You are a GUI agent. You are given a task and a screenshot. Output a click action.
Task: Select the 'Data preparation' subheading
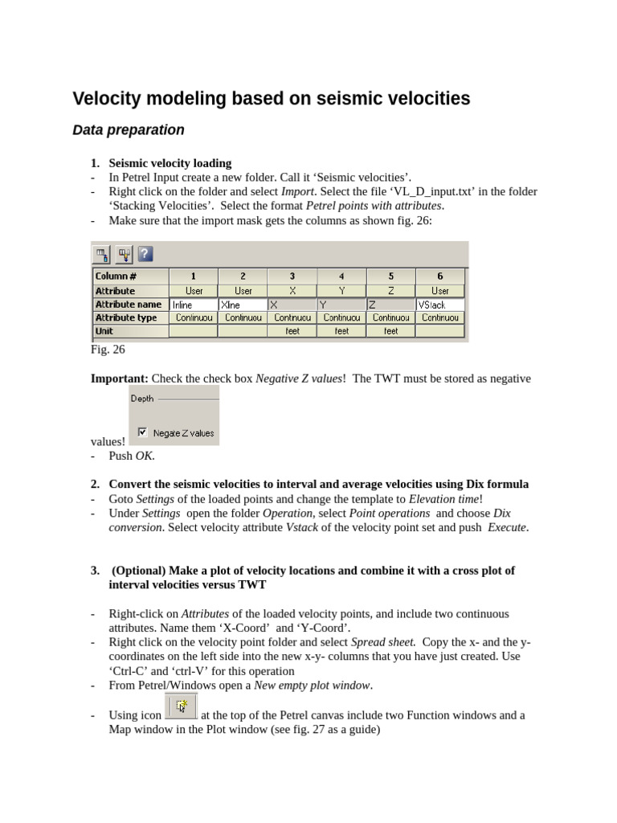click(129, 130)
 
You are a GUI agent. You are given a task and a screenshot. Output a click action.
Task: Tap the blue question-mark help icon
click(145, 255)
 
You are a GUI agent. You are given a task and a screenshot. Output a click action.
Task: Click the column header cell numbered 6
click(439, 276)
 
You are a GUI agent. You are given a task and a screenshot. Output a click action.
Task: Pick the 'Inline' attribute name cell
click(193, 305)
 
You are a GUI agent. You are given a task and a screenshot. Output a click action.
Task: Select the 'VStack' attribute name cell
click(440, 305)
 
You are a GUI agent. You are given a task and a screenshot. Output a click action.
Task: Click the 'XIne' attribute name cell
click(242, 305)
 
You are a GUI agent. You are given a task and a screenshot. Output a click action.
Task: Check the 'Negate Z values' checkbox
click(143, 432)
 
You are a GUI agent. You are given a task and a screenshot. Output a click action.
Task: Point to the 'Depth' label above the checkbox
click(142, 399)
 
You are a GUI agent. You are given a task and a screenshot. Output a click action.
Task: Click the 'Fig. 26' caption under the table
click(108, 350)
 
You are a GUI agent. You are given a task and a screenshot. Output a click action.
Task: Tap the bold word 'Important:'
click(119, 379)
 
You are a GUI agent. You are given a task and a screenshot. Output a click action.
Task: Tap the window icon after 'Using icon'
click(181, 706)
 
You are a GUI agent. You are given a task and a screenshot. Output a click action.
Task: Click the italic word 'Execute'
click(507, 527)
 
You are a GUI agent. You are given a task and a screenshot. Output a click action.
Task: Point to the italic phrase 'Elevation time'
click(449, 498)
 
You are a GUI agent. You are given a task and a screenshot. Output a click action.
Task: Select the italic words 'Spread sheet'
click(383, 642)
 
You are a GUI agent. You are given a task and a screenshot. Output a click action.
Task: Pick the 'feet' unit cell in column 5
click(390, 331)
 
